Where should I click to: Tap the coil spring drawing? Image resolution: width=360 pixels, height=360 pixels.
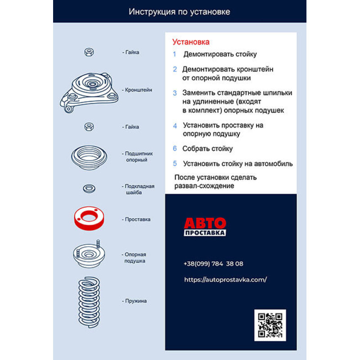pyautogui.click(x=89, y=302)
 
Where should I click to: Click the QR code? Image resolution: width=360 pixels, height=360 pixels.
pyautogui.click(x=270, y=325)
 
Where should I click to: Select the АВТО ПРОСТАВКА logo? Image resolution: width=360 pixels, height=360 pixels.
pyautogui.click(x=205, y=227)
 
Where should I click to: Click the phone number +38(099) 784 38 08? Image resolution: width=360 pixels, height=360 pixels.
pyautogui.click(x=213, y=264)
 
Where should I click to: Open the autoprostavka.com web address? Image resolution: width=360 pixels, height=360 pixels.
pyautogui.click(x=225, y=279)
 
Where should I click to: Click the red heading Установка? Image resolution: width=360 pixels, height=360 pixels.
pyautogui.click(x=191, y=42)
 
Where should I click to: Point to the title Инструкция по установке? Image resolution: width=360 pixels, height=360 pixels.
pyautogui.click(x=179, y=12)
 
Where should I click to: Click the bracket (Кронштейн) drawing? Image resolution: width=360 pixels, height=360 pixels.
pyautogui.click(x=89, y=93)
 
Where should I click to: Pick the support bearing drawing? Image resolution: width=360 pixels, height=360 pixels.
pyautogui.click(x=89, y=157)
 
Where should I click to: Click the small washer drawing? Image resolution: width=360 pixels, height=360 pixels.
pyautogui.click(x=89, y=189)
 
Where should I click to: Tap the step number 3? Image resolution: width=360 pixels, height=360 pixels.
pyautogui.click(x=175, y=93)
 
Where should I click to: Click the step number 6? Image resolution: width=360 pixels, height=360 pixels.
pyautogui.click(x=175, y=148)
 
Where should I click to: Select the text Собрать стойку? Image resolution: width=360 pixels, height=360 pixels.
pyautogui.click(x=207, y=149)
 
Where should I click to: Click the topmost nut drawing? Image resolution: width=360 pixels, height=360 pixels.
pyautogui.click(x=89, y=52)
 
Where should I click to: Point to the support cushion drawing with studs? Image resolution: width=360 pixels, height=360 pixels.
pyautogui.click(x=89, y=254)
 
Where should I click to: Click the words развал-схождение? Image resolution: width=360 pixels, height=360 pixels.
pyautogui.click(x=204, y=186)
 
